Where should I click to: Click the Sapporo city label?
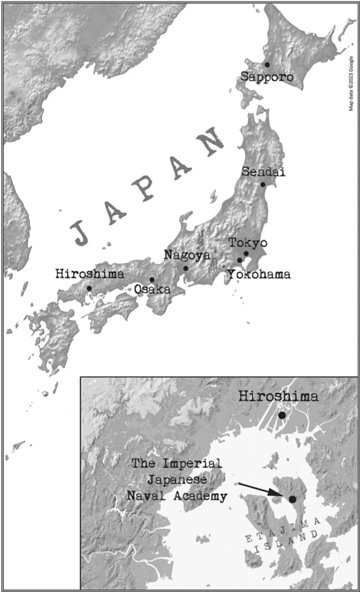pos(267,77)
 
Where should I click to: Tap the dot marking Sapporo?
pos(267,64)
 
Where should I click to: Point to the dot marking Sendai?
pos(263,184)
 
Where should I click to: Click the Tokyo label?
pos(248,242)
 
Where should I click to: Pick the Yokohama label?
pos(259,274)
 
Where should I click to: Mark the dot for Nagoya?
pos(186,268)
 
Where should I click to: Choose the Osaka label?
pos(152,290)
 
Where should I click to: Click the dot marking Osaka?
pos(152,279)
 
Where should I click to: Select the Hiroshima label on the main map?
pos(89,274)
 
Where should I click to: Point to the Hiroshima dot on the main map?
pos(89,288)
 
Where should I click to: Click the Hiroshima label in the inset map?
pos(278,397)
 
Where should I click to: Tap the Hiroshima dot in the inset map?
pos(281,416)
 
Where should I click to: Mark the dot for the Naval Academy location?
pos(292,499)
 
